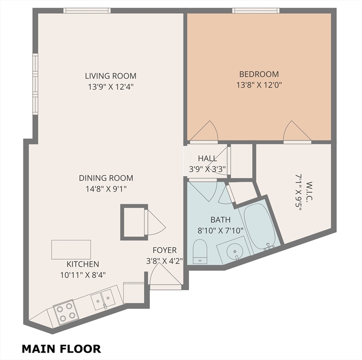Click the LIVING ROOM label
pos(111,75)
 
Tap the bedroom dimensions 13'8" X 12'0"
pos(259,85)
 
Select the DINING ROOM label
pos(106,178)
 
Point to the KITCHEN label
pos(83,264)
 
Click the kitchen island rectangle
pos(71,249)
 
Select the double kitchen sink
pos(102,300)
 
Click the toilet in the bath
pos(200,251)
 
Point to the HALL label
pos(207,158)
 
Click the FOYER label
pos(164,250)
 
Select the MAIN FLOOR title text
pos(61,349)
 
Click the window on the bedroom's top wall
pos(256,11)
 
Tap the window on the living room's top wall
pos(87,11)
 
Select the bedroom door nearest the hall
pos(204,132)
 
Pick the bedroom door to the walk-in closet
pos(296,132)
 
